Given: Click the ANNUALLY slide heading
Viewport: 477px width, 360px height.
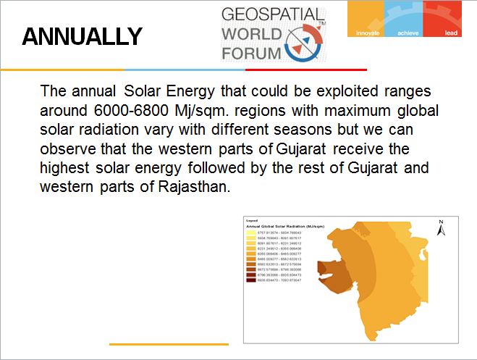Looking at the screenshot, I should (x=82, y=37).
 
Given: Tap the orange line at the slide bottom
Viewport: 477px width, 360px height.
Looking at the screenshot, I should (x=168, y=343).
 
